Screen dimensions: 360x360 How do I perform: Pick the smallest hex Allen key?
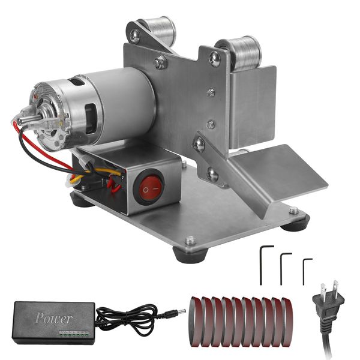(x=305, y=270)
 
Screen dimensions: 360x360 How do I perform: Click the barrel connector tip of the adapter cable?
(x=179, y=313)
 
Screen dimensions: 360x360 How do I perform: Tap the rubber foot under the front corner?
(x=186, y=252)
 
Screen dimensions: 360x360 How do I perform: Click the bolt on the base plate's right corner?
(x=293, y=211)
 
